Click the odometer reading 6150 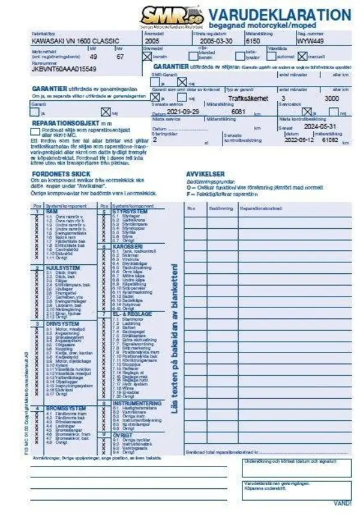tap(254, 41)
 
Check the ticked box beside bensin tap(147, 56)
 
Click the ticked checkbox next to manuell tap(302, 56)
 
